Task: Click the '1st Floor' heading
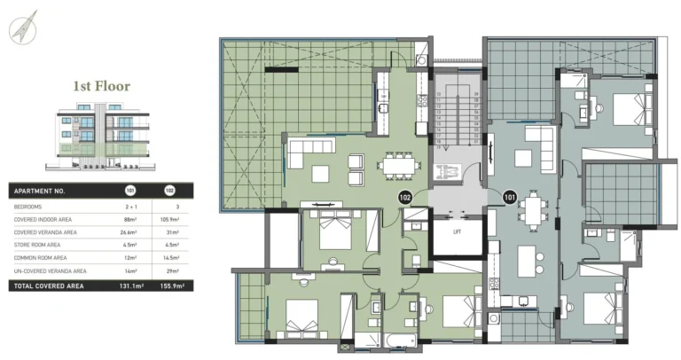[101, 87]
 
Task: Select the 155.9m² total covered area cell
[168, 286]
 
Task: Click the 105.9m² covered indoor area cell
[168, 218]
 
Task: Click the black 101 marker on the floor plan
[509, 199]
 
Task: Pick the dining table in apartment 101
[532, 210]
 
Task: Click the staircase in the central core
[458, 120]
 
